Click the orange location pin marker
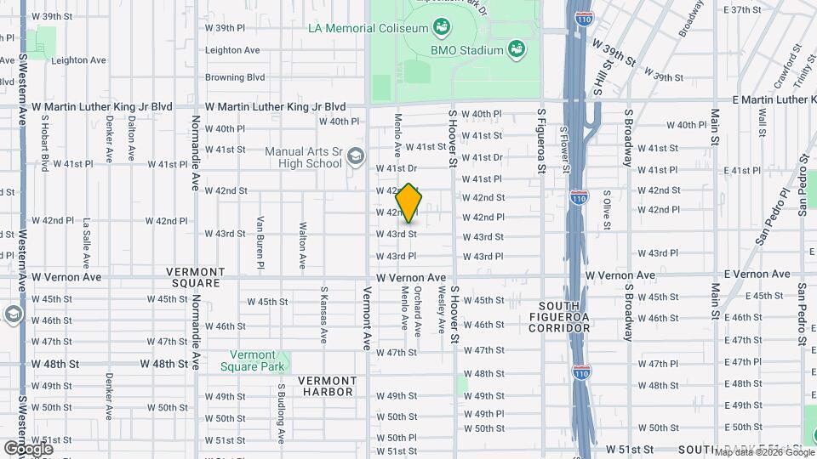[408, 203]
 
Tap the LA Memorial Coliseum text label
[367, 29]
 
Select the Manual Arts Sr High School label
[303, 158]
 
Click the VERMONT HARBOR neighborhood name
[328, 386]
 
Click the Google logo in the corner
[28, 448]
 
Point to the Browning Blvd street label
[235, 77]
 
